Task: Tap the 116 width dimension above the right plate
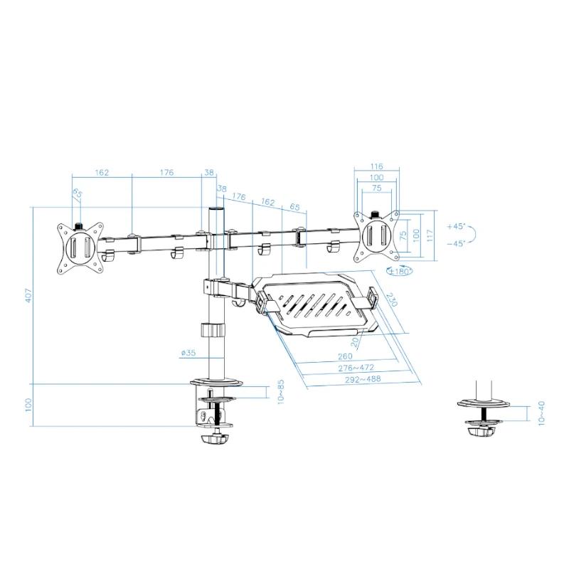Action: [x=377, y=166]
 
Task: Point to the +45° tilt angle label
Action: [x=456, y=226]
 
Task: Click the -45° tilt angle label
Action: [x=456, y=244]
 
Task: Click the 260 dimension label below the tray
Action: [x=345, y=357]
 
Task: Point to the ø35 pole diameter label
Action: [x=188, y=353]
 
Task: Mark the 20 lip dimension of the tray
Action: [x=355, y=342]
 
